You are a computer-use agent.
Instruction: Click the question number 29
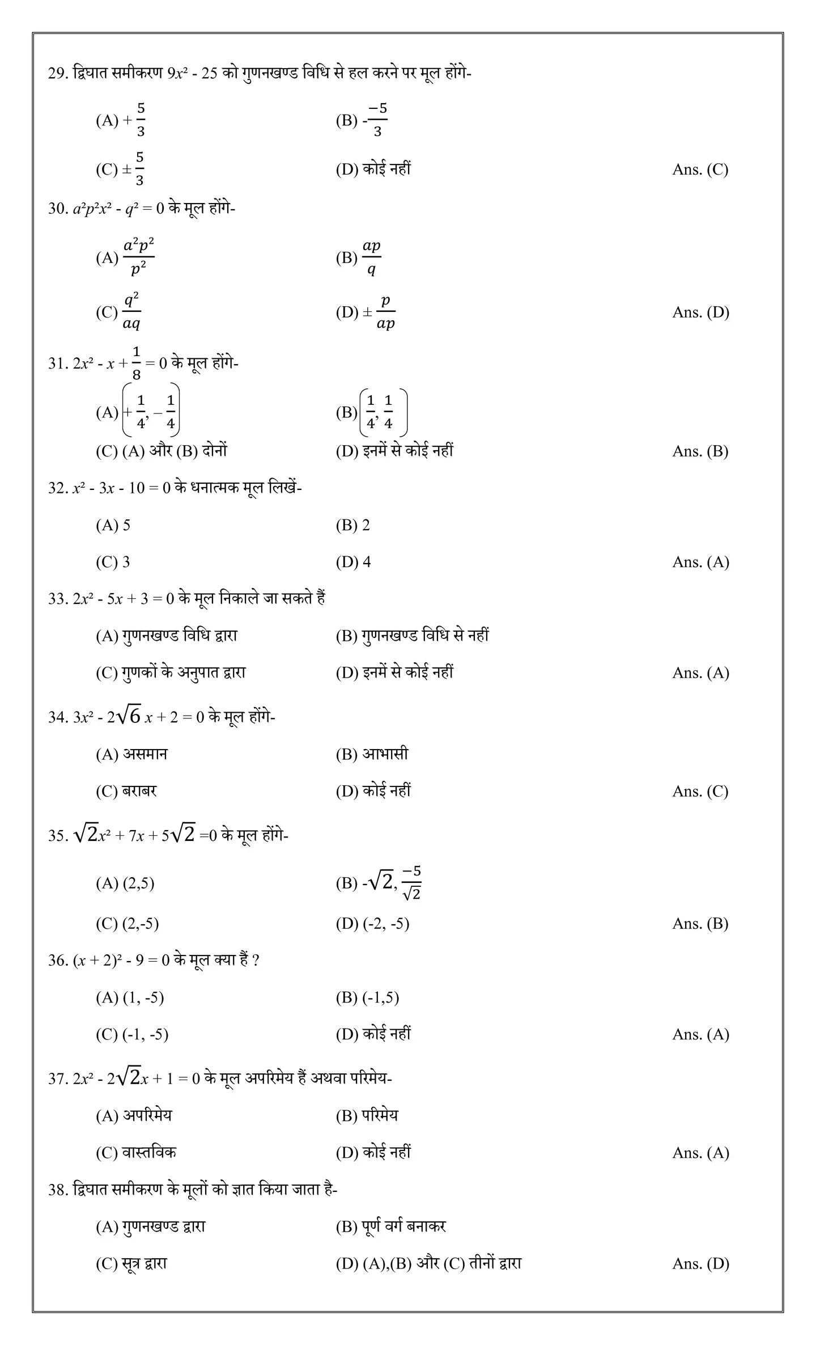(57, 74)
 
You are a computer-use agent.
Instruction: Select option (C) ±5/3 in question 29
(121, 169)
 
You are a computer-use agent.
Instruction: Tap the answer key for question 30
(700, 312)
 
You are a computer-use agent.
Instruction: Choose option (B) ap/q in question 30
(358, 258)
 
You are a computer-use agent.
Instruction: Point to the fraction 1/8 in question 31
(137, 363)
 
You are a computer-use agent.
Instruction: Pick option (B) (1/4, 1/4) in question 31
(372, 412)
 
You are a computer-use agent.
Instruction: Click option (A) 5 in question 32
(113, 525)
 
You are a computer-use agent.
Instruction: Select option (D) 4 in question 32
(354, 562)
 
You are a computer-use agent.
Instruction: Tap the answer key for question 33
(700, 673)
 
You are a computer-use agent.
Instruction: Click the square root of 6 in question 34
(129, 716)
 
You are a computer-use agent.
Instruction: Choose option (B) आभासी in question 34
(372, 754)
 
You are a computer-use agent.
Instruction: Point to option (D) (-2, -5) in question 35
(372, 924)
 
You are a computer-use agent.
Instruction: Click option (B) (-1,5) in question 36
(367, 997)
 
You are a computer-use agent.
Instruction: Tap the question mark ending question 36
(256, 961)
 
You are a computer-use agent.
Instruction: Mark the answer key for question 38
(700, 1264)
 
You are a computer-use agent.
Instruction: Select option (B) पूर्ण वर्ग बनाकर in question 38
(391, 1226)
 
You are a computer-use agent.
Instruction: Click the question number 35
(57, 836)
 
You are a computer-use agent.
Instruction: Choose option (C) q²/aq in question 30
(119, 312)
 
